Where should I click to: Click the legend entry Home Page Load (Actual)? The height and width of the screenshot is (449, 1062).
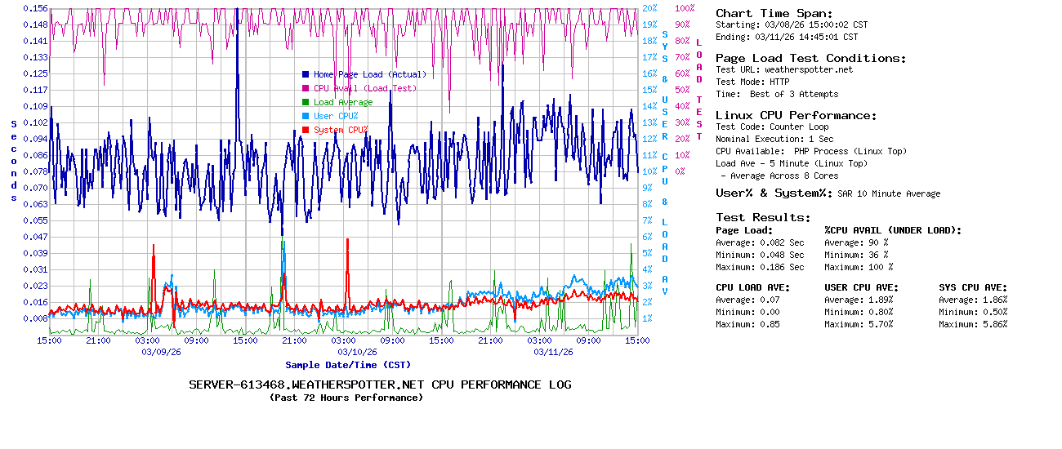coord(364,74)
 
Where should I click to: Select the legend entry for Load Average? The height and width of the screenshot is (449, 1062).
coord(337,102)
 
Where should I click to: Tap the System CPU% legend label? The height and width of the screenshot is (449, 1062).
coord(335,130)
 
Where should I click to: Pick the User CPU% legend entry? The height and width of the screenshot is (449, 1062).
coord(330,116)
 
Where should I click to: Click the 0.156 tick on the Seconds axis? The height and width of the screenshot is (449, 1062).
coord(36,8)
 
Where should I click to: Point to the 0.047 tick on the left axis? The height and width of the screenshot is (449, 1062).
coord(36,237)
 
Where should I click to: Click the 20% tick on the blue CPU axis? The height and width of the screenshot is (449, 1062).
coord(649,8)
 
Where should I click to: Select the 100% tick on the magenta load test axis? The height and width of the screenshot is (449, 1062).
coord(685,8)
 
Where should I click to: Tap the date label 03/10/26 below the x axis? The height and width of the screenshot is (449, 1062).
coord(358,353)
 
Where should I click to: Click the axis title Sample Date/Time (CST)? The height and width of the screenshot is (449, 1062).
coord(348,365)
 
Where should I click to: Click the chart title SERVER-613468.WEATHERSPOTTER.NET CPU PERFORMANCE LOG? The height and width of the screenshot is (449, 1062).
coord(380,385)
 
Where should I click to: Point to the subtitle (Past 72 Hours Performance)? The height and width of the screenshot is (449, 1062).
coord(346,398)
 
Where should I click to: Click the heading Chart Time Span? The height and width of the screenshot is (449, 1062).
coord(774,13)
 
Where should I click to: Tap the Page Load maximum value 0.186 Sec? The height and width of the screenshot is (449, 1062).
coord(782,267)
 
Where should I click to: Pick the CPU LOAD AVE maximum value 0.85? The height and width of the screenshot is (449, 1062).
coord(770,324)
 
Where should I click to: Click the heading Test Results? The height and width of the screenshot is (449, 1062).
coord(763,217)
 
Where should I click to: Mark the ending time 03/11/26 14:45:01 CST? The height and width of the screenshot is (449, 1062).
coord(806,37)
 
